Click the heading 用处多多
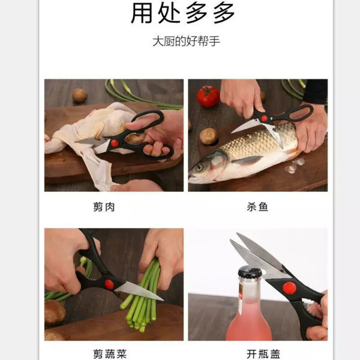183,13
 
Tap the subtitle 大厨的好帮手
183,43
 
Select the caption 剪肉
113,207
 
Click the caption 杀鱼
257,207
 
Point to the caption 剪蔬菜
113,354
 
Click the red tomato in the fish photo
208,96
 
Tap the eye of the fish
199,167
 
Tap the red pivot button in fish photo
265,118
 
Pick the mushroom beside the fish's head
208,136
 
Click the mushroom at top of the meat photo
79,95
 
